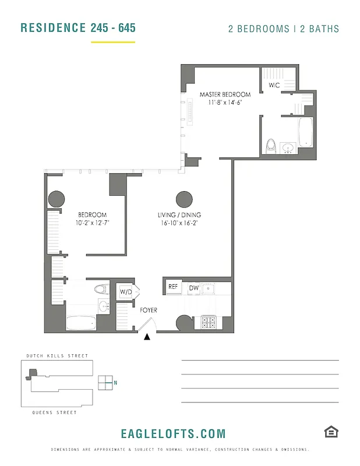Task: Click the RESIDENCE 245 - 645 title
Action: (78, 28)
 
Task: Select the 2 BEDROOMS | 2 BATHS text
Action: (283, 29)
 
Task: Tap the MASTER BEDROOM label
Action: (225, 94)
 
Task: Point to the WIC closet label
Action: (274, 85)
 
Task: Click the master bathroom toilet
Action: (270, 145)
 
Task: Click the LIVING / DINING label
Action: (179, 215)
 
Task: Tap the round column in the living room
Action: (184, 199)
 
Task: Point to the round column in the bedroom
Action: (56, 199)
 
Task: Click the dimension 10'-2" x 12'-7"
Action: (93, 223)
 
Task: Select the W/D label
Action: (126, 291)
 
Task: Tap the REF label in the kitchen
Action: (173, 287)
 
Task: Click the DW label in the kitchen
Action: (193, 287)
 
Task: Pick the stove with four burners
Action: (209, 322)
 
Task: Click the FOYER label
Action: (149, 310)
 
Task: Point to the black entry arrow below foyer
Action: (147, 336)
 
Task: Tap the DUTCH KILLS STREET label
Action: (57, 356)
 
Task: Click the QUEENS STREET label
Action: (54, 412)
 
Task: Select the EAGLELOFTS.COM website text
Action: (173, 433)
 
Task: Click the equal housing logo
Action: (331, 432)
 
